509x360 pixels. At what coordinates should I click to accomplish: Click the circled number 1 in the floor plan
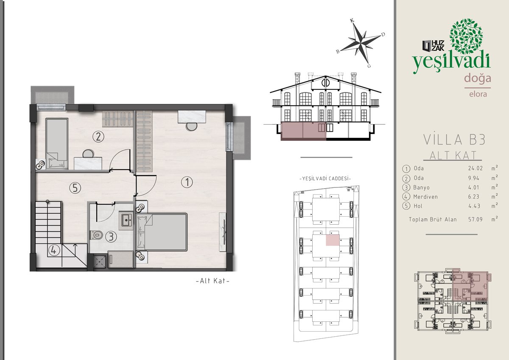[x=187, y=182]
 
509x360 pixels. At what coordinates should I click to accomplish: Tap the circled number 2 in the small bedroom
[x=98, y=137]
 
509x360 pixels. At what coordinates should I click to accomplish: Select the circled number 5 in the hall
[x=75, y=188]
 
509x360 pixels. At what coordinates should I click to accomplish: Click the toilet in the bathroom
[x=96, y=235]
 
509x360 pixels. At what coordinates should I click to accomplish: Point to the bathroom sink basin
[x=126, y=220]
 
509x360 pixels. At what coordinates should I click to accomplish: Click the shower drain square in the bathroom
[x=100, y=262]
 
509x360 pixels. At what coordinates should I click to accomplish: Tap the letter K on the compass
[x=352, y=21]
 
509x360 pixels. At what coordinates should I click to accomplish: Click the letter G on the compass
[x=369, y=66]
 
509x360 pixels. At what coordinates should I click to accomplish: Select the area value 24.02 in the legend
[x=475, y=168]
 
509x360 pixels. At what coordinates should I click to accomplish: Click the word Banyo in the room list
[x=422, y=187]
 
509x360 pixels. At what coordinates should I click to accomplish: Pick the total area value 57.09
[x=475, y=219]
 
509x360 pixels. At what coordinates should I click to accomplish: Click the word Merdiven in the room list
[x=425, y=197]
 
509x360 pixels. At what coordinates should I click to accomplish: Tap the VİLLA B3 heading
[x=454, y=140]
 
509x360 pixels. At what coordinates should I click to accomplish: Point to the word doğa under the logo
[x=478, y=78]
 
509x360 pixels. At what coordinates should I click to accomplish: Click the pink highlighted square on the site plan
[x=333, y=240]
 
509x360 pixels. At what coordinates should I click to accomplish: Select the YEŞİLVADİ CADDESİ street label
[x=325, y=179]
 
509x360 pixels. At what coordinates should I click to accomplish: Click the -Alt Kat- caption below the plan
[x=213, y=281]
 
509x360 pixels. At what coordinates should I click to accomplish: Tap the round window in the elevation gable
[x=325, y=83]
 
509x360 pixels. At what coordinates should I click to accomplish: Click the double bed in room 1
[x=162, y=232]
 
